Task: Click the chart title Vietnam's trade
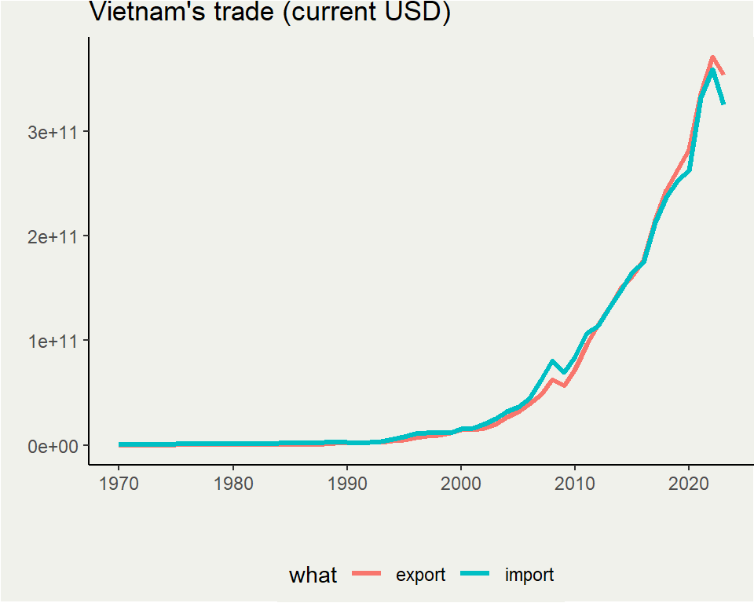(x=181, y=13)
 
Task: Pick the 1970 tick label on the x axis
(x=119, y=481)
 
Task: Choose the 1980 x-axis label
(x=233, y=481)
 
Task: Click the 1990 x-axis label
(x=347, y=481)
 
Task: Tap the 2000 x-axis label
(x=461, y=481)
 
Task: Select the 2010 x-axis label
(x=575, y=481)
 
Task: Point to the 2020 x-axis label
(x=689, y=481)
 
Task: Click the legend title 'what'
(x=313, y=576)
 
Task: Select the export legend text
(x=420, y=576)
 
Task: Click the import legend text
(x=529, y=576)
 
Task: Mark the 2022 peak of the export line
(x=712, y=57)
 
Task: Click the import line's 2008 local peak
(x=552, y=361)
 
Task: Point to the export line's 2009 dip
(x=564, y=386)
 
